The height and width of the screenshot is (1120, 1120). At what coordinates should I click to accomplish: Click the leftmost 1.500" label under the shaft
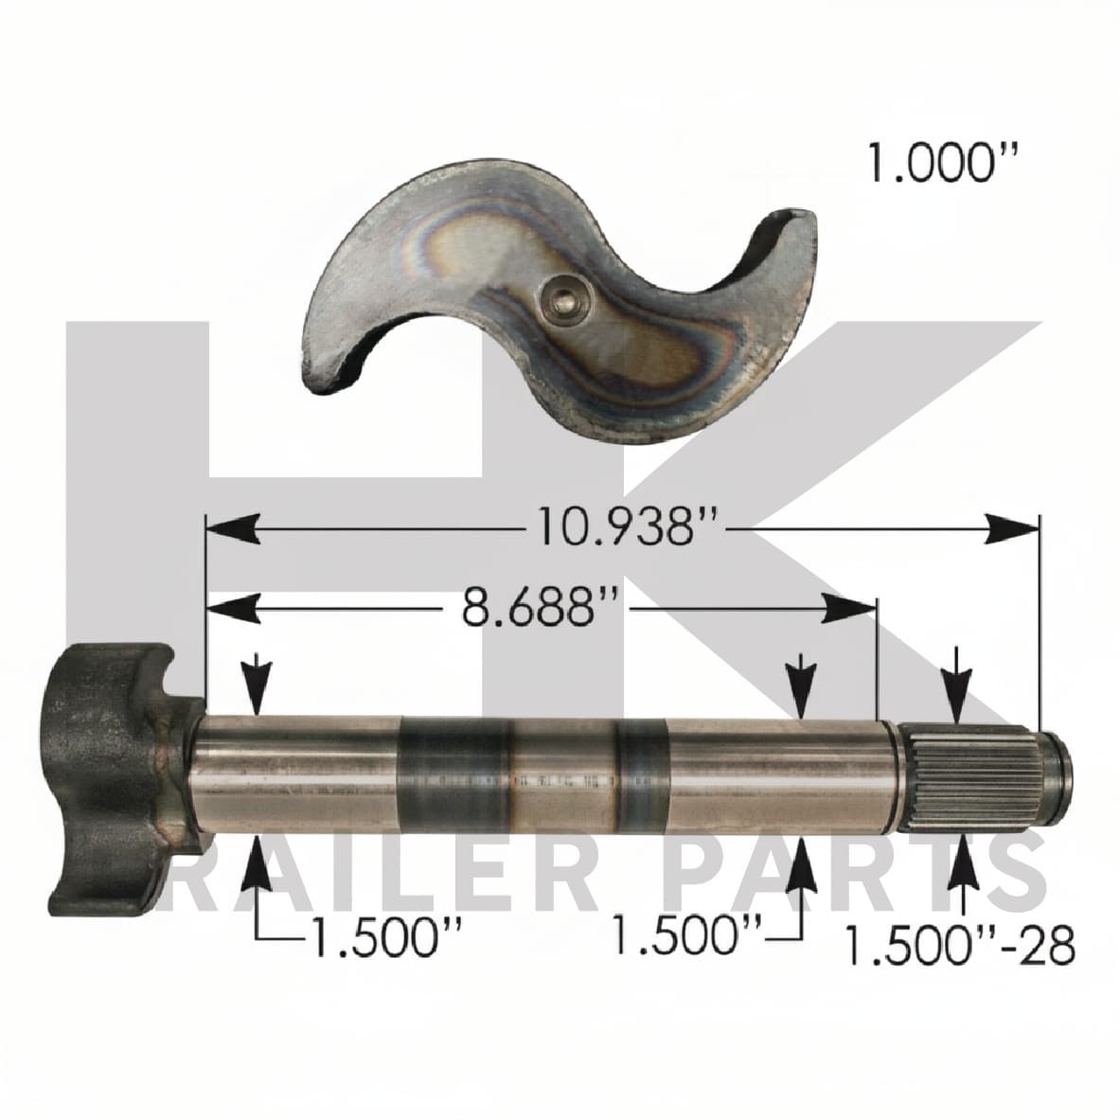386,935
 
